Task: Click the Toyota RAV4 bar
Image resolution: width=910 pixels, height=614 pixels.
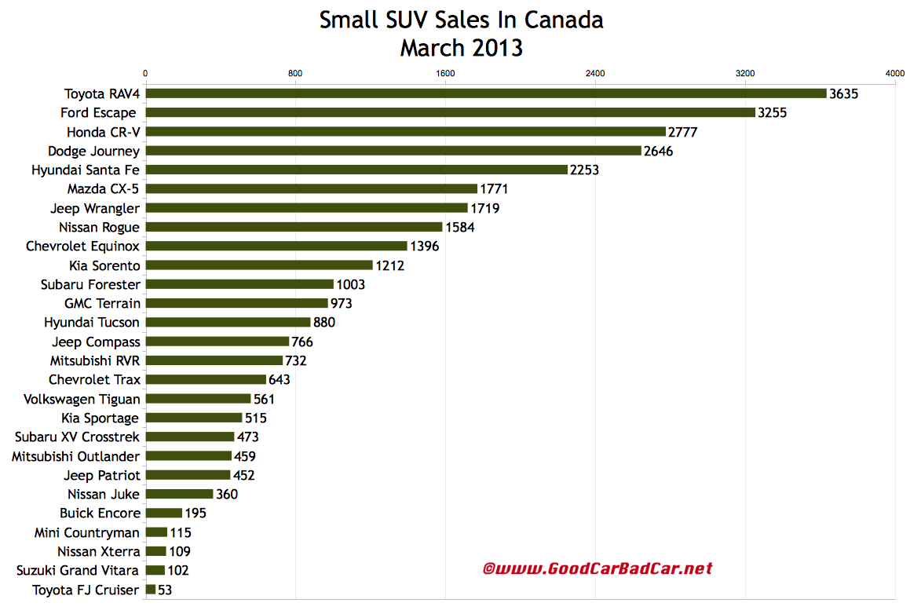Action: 486,93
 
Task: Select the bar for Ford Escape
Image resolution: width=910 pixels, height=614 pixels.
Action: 451,113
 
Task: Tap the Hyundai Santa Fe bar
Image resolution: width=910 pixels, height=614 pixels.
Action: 356,170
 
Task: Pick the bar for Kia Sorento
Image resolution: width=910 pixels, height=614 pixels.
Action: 259,265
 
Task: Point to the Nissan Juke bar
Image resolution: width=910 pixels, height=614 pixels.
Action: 179,494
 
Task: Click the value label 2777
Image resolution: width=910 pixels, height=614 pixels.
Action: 683,132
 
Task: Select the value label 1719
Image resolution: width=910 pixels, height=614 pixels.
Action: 484,208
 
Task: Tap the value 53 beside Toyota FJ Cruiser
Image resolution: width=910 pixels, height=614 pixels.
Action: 165,590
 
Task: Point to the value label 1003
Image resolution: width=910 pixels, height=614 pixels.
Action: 350,284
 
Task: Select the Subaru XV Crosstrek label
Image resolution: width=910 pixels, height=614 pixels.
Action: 78,437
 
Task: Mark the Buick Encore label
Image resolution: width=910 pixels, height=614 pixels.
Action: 100,513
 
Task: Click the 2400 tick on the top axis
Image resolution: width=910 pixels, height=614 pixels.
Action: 595,73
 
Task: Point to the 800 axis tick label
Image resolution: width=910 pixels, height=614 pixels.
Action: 295,73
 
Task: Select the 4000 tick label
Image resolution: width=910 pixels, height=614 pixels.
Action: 894,73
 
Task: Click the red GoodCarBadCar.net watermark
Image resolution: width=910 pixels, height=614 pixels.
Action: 598,568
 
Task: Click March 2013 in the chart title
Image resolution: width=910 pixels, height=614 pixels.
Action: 461,48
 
